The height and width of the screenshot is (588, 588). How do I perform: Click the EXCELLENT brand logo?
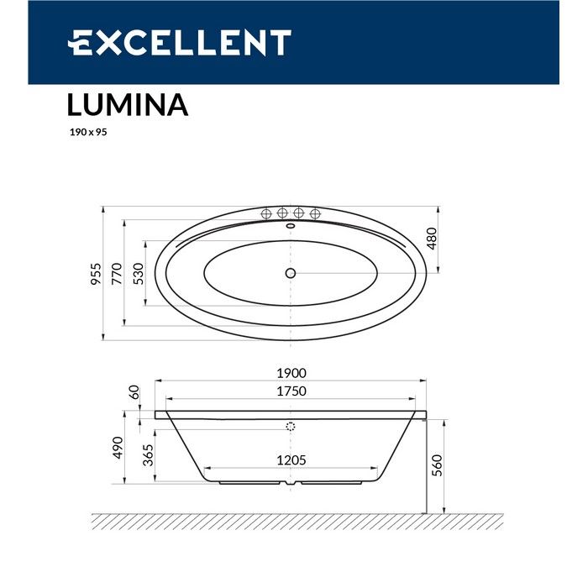[x=179, y=43]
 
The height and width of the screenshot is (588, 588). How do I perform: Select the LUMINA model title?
[x=127, y=106]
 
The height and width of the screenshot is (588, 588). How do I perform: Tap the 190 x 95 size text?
[x=87, y=133]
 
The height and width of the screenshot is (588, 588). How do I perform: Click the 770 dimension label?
[x=118, y=274]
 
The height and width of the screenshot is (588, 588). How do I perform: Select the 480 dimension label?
[x=433, y=239]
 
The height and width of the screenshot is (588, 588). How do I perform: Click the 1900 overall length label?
[x=291, y=374]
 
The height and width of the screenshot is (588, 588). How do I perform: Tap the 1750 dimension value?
[x=291, y=391]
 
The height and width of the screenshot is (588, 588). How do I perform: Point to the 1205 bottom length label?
[x=291, y=459]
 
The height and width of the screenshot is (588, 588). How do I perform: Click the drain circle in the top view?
[x=291, y=273]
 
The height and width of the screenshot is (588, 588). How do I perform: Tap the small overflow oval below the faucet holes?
[x=291, y=225]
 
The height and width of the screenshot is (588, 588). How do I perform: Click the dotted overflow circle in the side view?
[x=291, y=427]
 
